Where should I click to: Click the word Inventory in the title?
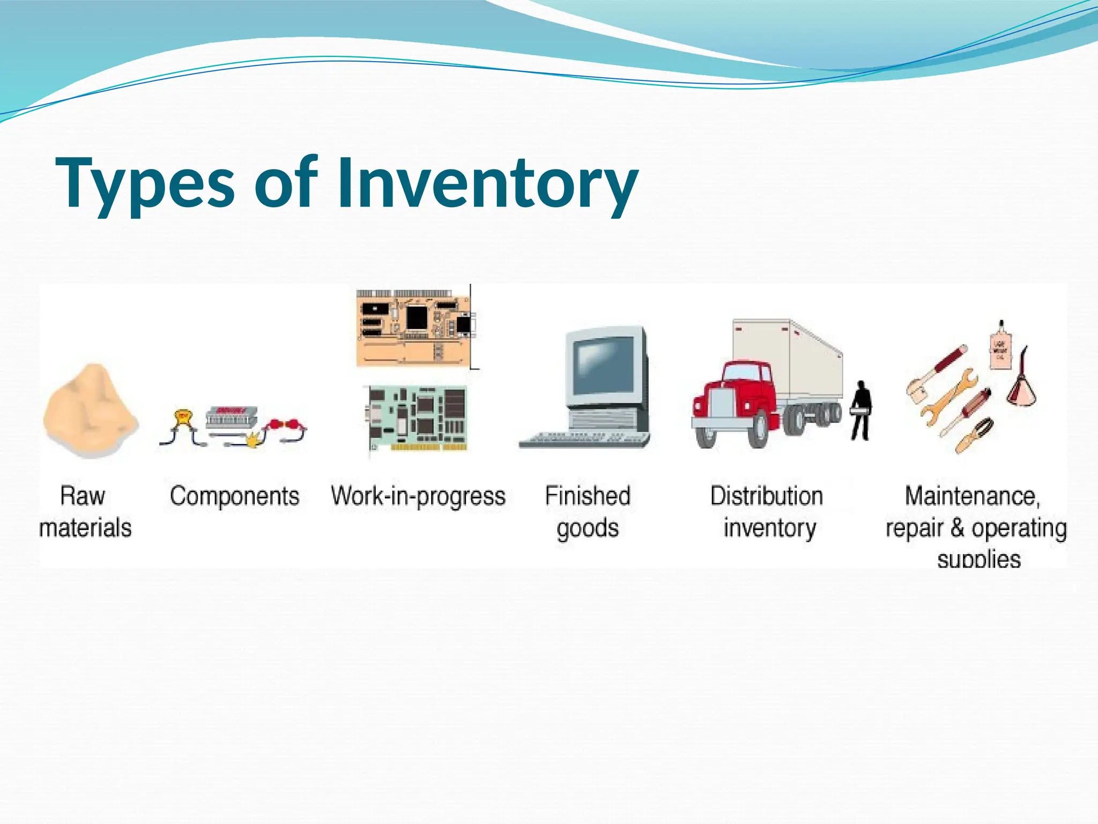click(x=487, y=183)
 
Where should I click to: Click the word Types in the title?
click(x=145, y=183)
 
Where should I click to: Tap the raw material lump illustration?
click(x=90, y=410)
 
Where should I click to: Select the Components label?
click(x=234, y=496)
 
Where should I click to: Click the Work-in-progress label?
click(x=418, y=496)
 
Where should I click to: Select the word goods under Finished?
click(x=588, y=528)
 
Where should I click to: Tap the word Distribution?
click(x=766, y=496)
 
